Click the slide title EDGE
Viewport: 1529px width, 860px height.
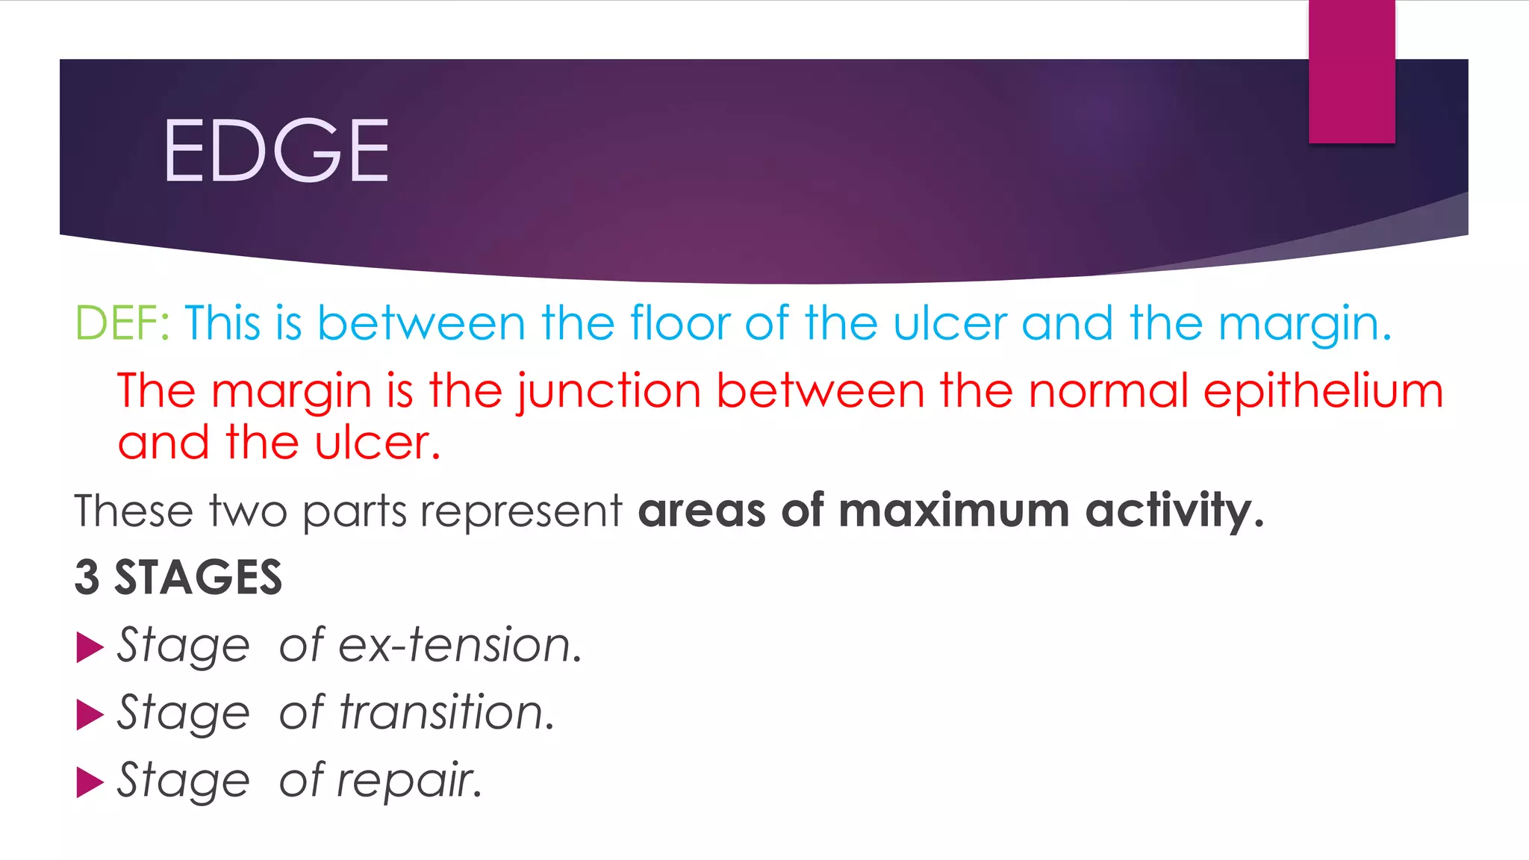coord(275,151)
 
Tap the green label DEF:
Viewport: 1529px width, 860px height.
coord(122,323)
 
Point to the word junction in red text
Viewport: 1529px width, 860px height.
coord(608,392)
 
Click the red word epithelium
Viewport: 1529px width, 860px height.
coord(1323,392)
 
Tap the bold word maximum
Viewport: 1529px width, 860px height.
coord(953,511)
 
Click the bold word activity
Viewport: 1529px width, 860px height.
coord(1173,512)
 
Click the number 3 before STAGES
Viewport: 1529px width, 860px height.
coord(87,578)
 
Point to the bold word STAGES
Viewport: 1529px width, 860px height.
coord(198,578)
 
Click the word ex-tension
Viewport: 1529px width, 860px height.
coord(459,645)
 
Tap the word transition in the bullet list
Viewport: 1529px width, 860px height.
coord(446,712)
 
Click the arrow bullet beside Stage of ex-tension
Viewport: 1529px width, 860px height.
coord(90,647)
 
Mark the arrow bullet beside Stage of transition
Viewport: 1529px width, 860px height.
coord(90,714)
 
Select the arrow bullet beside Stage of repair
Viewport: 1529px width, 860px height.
coord(90,782)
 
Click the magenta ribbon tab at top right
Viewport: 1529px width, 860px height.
coord(1351,72)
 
